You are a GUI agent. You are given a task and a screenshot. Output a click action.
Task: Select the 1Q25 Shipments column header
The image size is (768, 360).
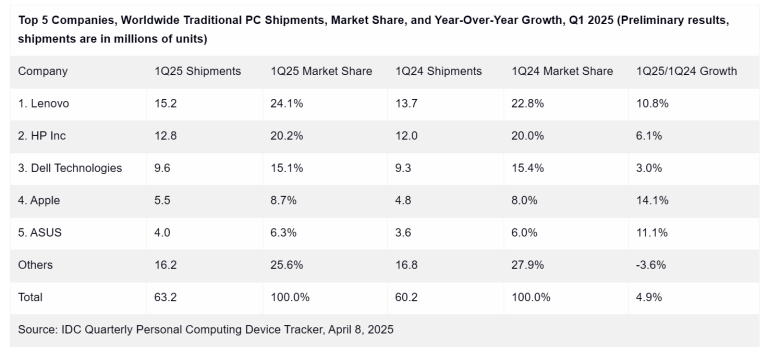click(197, 71)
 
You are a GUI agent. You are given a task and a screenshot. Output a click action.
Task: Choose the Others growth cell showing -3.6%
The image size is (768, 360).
click(652, 265)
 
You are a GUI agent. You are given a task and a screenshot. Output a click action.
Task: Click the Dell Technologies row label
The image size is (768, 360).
click(70, 168)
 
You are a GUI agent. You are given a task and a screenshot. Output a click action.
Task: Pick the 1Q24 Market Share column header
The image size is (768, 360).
click(561, 71)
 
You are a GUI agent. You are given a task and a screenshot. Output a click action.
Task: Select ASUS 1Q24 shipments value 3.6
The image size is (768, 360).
click(404, 232)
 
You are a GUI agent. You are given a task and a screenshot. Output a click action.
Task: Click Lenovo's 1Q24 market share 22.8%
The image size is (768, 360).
click(529, 103)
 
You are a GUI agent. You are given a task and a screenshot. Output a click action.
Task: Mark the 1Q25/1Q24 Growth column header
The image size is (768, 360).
click(686, 71)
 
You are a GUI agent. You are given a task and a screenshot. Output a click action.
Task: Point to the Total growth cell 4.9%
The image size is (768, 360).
click(650, 297)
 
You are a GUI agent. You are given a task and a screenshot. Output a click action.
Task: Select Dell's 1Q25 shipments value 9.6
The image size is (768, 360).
click(162, 168)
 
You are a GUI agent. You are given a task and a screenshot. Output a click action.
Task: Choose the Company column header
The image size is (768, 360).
click(43, 71)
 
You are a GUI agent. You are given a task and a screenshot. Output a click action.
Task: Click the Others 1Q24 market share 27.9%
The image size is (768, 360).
click(529, 265)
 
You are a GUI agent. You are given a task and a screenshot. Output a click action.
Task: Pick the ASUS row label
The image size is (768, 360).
click(40, 232)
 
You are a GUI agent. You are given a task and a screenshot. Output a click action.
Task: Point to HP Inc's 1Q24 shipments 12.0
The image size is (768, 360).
click(407, 135)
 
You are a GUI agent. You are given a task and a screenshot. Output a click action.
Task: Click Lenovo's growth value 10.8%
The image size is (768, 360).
click(653, 103)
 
